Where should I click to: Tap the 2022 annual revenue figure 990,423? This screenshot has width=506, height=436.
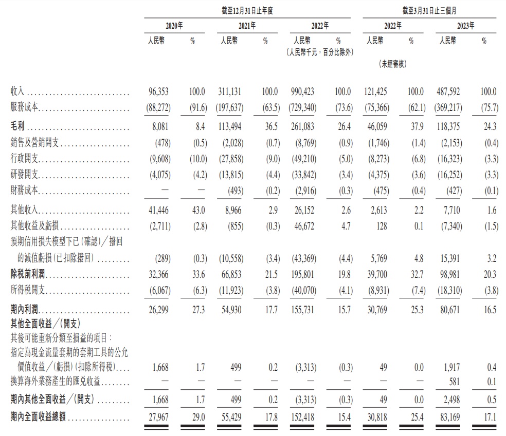click(x=303, y=92)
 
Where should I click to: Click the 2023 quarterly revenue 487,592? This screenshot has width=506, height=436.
click(x=449, y=92)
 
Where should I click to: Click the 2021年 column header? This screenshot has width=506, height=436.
click(x=247, y=26)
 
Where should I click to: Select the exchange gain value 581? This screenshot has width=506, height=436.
click(x=455, y=382)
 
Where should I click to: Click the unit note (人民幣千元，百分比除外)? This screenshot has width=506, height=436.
click(x=320, y=52)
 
